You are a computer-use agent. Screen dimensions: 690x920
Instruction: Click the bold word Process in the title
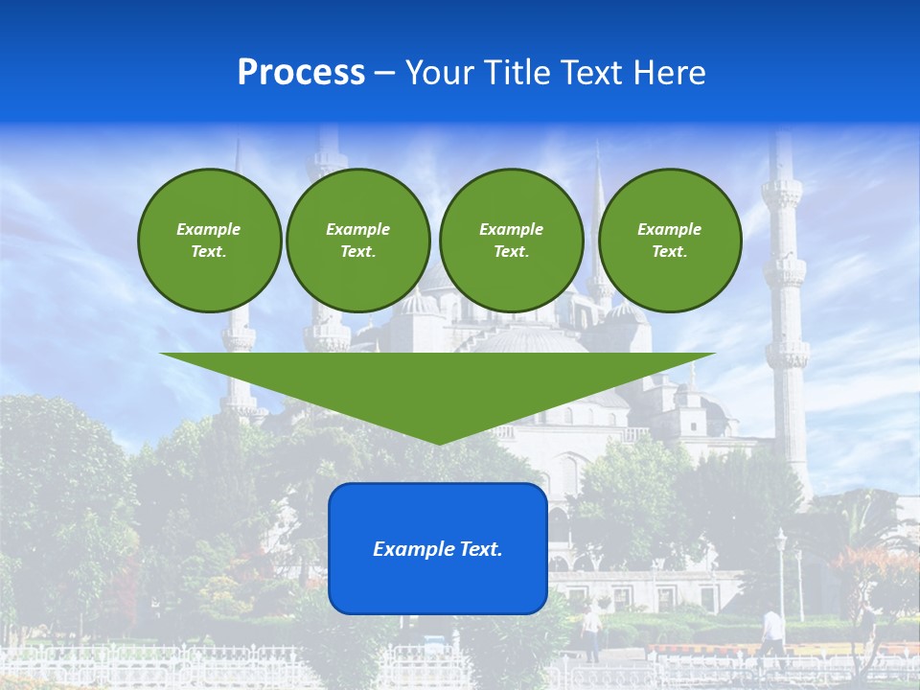[301, 73]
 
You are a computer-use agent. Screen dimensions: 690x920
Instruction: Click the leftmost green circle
[209, 240]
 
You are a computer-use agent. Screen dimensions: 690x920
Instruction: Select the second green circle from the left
[357, 240]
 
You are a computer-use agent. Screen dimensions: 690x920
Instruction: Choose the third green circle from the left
[511, 240]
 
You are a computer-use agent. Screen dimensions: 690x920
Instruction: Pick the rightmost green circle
[669, 240]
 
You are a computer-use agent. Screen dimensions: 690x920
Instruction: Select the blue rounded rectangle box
[438, 548]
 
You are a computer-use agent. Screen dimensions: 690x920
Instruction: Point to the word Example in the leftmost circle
[208, 229]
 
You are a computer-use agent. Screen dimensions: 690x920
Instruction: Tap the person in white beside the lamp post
[772, 632]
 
